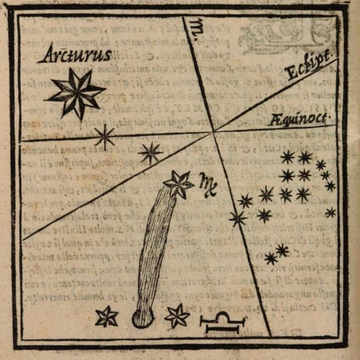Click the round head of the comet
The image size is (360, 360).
tap(140, 315)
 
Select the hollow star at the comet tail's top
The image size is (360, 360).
tap(179, 184)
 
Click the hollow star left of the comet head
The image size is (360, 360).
tap(107, 315)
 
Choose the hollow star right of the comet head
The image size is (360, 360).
tap(177, 315)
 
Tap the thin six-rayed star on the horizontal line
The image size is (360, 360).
tap(104, 137)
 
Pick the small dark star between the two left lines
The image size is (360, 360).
tap(150, 151)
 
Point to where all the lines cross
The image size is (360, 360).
tap(213, 132)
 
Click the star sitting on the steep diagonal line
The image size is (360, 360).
tap(238, 218)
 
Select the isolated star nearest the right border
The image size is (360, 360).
tap(331, 213)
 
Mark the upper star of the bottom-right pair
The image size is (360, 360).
tap(282, 250)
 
